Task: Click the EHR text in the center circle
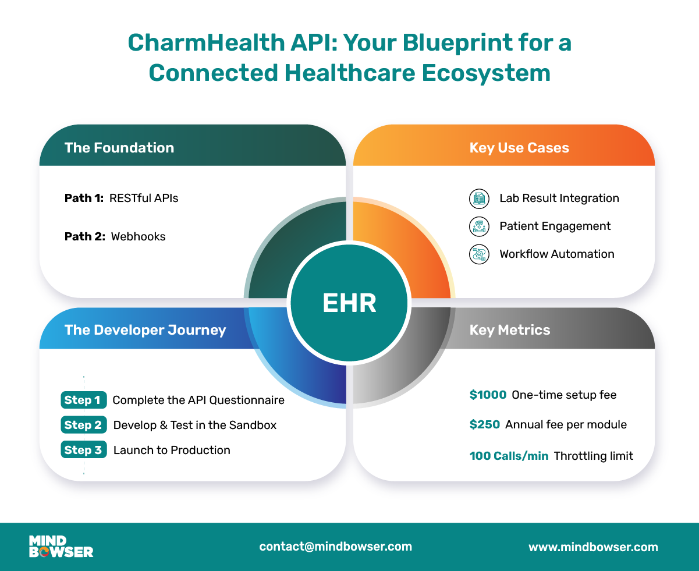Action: coord(349,303)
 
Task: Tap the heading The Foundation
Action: coord(119,148)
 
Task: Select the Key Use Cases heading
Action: coord(519,148)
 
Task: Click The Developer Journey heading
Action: coord(145,330)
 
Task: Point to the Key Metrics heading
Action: coord(510,330)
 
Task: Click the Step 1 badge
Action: coord(84,400)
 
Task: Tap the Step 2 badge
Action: coord(84,425)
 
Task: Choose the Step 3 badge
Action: coord(84,450)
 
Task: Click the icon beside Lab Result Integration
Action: coord(479,198)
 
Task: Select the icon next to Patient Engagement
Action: coord(479,226)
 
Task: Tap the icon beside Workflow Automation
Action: coord(479,254)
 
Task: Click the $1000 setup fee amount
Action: coord(488,395)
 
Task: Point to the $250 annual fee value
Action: coord(485,424)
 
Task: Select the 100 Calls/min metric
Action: coord(509,456)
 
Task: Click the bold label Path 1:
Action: coord(84,198)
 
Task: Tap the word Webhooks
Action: coord(138,237)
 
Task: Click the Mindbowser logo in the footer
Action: coord(61,547)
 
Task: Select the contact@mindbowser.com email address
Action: coord(335,547)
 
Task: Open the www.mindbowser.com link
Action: coord(593,547)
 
